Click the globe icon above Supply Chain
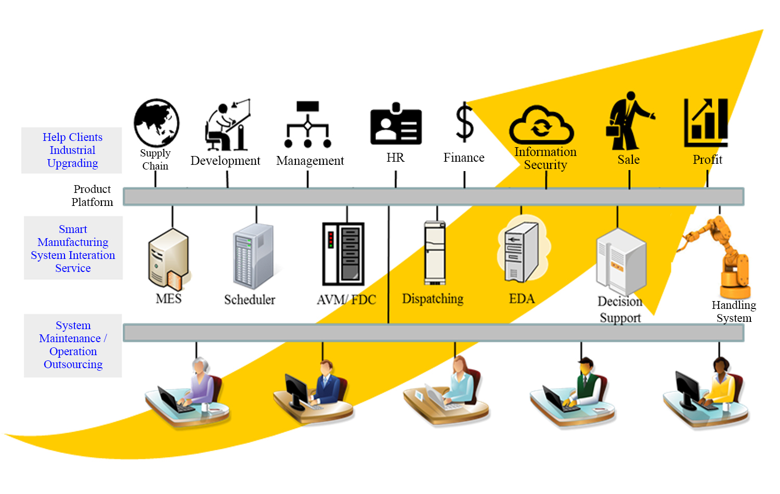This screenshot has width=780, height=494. [157, 123]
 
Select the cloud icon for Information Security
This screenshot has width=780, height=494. [541, 125]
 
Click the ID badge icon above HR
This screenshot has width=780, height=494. [396, 124]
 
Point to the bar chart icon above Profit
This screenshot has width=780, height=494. [706, 123]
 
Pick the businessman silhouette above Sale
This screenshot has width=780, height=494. [629, 121]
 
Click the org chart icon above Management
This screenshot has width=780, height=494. [307, 124]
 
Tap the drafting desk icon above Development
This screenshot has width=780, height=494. [228, 125]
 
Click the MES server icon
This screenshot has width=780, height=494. [170, 259]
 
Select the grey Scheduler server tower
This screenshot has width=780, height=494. [253, 256]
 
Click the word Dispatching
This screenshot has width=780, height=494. [433, 298]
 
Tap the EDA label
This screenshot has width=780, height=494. [522, 298]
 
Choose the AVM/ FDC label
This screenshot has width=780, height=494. [346, 300]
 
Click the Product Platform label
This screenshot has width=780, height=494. [92, 196]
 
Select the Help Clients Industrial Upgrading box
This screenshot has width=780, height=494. [72, 150]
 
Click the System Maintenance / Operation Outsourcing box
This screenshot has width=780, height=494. [73, 345]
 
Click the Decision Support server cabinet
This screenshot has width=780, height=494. [621, 262]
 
